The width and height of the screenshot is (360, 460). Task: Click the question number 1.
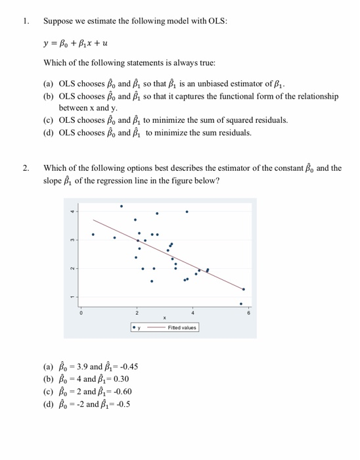pos(26,21)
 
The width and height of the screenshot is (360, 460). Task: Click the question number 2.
pos(26,168)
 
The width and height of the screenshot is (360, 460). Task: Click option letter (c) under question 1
pos(48,120)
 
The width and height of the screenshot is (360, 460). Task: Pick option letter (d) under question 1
pos(48,133)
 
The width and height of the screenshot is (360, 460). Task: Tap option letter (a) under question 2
pos(48,367)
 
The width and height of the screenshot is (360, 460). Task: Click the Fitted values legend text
pos(182,327)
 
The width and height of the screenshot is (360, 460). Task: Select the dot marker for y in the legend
pos(134,327)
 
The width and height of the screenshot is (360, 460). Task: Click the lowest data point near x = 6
pos(241,304)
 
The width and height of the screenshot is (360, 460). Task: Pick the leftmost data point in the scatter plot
pos(93,234)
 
